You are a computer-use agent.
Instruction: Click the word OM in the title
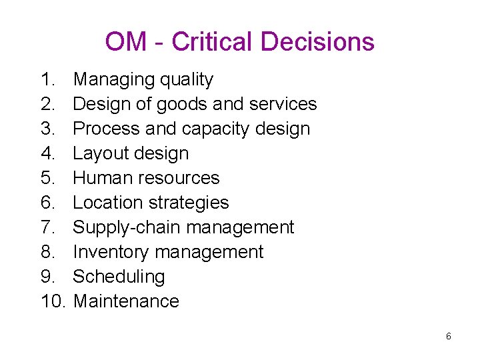125,42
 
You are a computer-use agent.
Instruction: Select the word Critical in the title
213,42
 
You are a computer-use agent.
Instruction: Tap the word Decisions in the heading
317,42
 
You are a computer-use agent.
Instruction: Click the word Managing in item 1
113,80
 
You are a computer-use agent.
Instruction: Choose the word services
283,104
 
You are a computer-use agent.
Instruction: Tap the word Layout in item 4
101,153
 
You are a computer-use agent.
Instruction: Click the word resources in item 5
179,178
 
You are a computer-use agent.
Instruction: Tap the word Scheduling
119,277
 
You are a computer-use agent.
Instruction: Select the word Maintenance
126,301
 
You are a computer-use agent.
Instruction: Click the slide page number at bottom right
448,337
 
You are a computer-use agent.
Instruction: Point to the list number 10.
53,301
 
